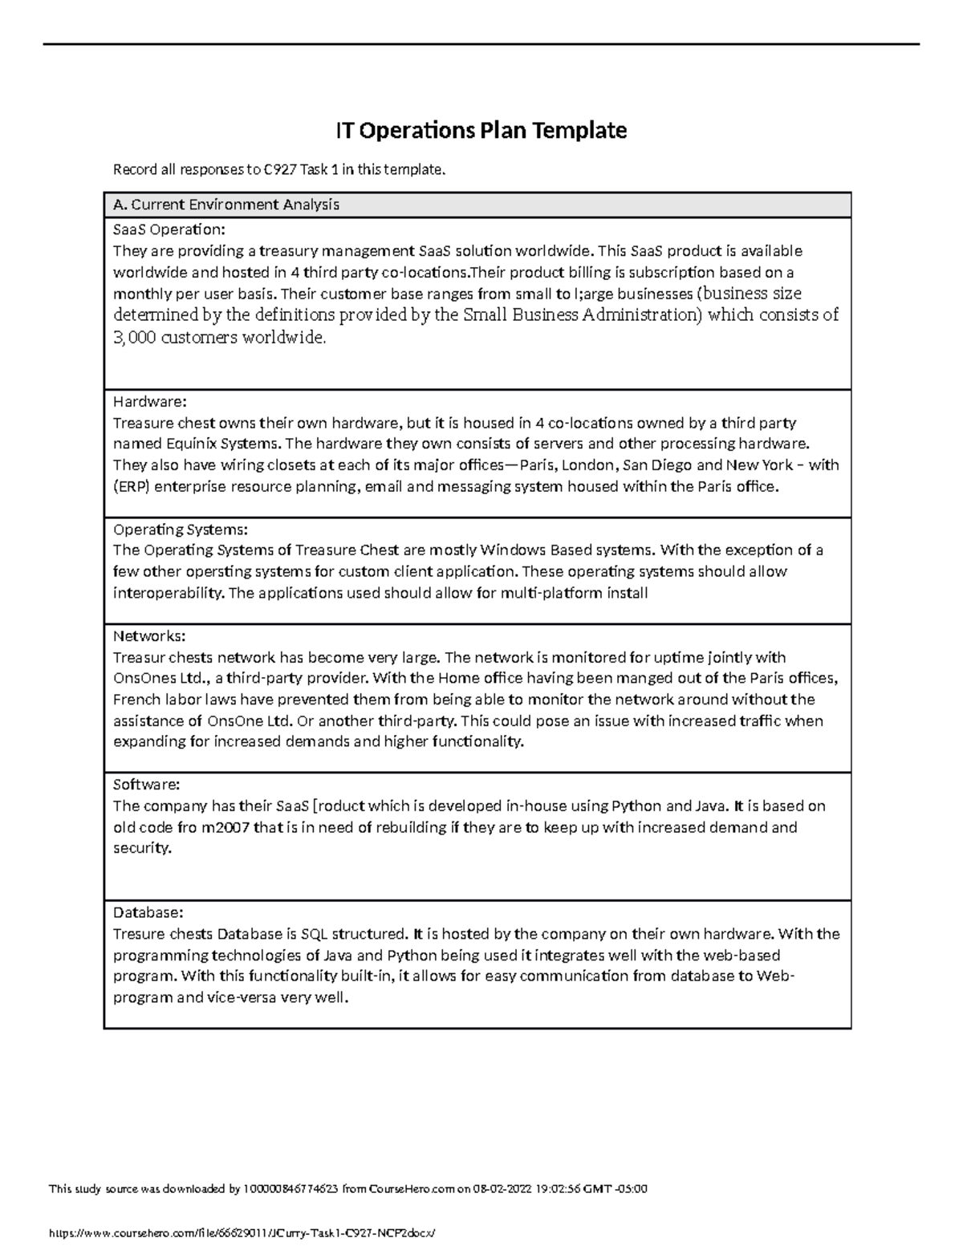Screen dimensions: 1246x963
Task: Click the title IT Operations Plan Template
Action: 480,130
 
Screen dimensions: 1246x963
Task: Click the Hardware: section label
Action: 149,401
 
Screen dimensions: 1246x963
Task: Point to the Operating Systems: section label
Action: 181,530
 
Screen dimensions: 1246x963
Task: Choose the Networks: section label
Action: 149,636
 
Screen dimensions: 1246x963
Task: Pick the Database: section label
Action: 148,913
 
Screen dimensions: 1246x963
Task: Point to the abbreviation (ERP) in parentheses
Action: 131,486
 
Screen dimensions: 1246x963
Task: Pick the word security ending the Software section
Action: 141,848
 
